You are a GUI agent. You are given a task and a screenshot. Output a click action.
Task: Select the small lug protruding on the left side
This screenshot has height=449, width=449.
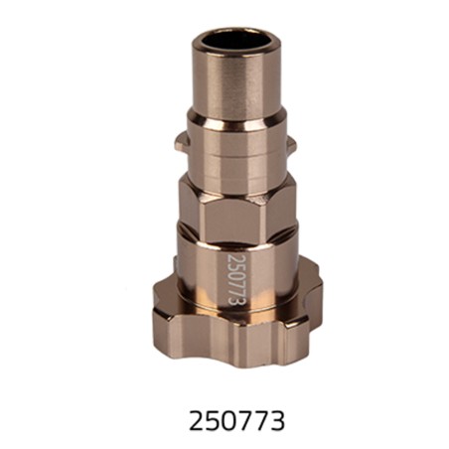point(180,143)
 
